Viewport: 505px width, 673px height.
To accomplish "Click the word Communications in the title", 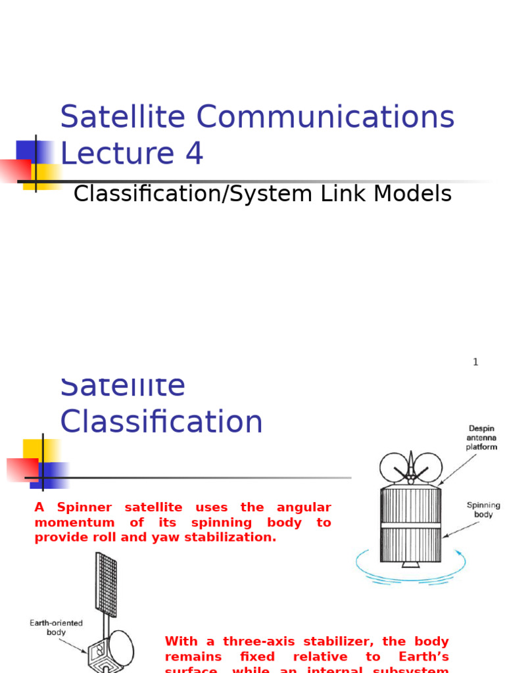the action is click(325, 117).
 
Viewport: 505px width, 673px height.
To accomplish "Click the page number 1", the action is click(475, 362).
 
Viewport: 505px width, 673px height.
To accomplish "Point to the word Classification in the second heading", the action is click(161, 422).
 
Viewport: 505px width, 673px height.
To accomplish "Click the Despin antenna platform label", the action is click(482, 438).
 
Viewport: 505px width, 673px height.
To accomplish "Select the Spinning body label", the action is click(483, 510).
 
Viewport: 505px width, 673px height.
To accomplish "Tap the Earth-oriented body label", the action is click(56, 627).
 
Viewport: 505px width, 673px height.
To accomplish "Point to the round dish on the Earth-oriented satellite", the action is click(121, 647).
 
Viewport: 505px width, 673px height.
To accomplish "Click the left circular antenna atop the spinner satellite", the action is click(393, 466).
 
